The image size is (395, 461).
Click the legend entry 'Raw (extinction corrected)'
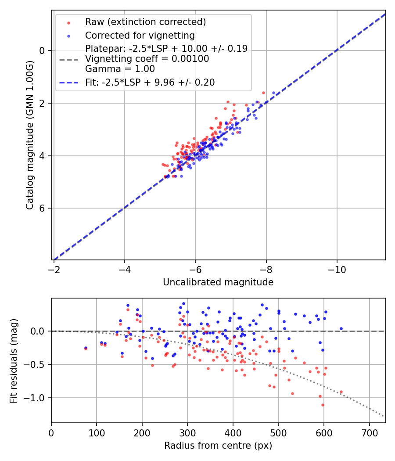(x=145, y=22)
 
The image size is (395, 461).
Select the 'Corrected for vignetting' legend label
(x=140, y=35)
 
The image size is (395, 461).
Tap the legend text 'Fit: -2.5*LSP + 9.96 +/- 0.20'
(x=150, y=83)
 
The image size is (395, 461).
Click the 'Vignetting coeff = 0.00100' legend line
(x=147, y=59)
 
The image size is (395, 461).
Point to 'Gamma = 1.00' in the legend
(x=120, y=69)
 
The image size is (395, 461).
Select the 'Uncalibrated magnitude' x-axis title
(x=218, y=282)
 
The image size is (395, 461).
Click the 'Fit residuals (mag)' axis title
(x=14, y=360)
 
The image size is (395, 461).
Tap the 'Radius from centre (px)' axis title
(x=218, y=446)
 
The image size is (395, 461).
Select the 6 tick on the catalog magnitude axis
(x=43, y=208)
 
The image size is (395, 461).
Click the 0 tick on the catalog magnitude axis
(x=43, y=50)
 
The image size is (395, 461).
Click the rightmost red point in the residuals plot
(x=341, y=392)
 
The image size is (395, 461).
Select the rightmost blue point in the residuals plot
(x=341, y=328)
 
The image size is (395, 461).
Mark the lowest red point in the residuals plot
(x=323, y=405)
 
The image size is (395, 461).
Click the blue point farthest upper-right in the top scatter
(x=273, y=93)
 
